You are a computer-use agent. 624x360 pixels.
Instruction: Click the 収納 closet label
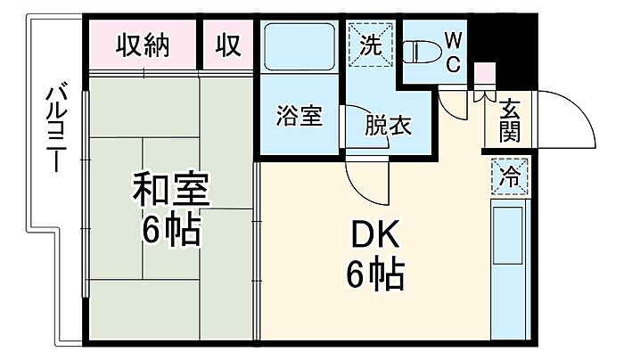[143, 45]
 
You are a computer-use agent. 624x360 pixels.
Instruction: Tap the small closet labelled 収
[228, 45]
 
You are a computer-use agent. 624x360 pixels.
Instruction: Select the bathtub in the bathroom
[300, 47]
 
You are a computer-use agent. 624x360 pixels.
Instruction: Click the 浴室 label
[300, 116]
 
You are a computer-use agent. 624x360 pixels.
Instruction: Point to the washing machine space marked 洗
[371, 45]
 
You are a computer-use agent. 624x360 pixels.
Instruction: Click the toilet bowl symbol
[423, 52]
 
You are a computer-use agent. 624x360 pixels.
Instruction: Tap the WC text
[453, 52]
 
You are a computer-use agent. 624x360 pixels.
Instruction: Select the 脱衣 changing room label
[388, 126]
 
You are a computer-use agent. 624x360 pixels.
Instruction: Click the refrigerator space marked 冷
[510, 176]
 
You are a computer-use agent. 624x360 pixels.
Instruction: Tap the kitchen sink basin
[508, 235]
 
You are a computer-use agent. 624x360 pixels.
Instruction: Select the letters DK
[375, 235]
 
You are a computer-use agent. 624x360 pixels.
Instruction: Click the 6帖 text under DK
[375, 275]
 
